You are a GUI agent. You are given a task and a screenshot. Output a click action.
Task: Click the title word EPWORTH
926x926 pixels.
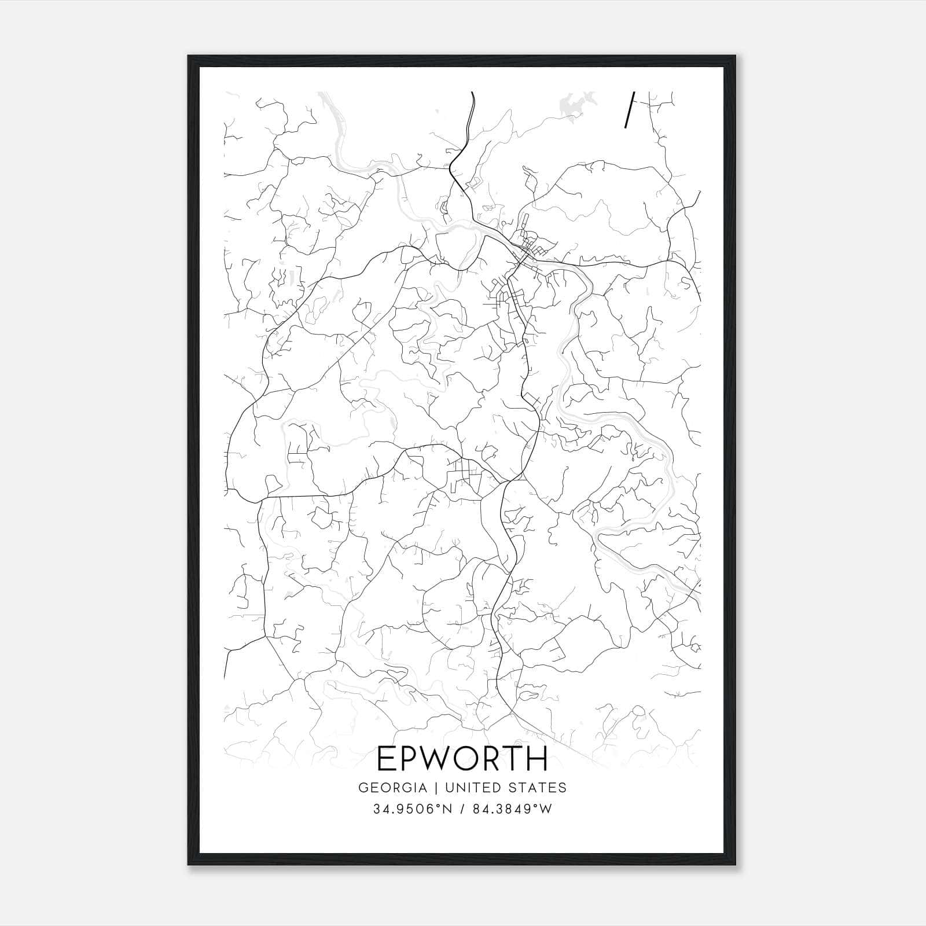(462, 759)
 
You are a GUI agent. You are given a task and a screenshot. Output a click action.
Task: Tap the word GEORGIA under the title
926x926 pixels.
(392, 788)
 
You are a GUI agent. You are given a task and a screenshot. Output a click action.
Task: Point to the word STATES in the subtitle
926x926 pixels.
(538, 788)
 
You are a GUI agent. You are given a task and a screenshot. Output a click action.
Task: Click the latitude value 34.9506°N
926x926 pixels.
(410, 809)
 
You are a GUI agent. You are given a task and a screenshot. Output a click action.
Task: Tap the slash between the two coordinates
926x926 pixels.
(462, 809)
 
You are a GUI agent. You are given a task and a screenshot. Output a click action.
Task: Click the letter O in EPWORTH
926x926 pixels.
(469, 759)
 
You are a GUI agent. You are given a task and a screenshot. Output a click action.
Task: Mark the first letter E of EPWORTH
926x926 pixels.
(386, 759)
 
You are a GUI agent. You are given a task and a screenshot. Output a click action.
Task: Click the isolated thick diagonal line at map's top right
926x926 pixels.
(629, 109)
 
